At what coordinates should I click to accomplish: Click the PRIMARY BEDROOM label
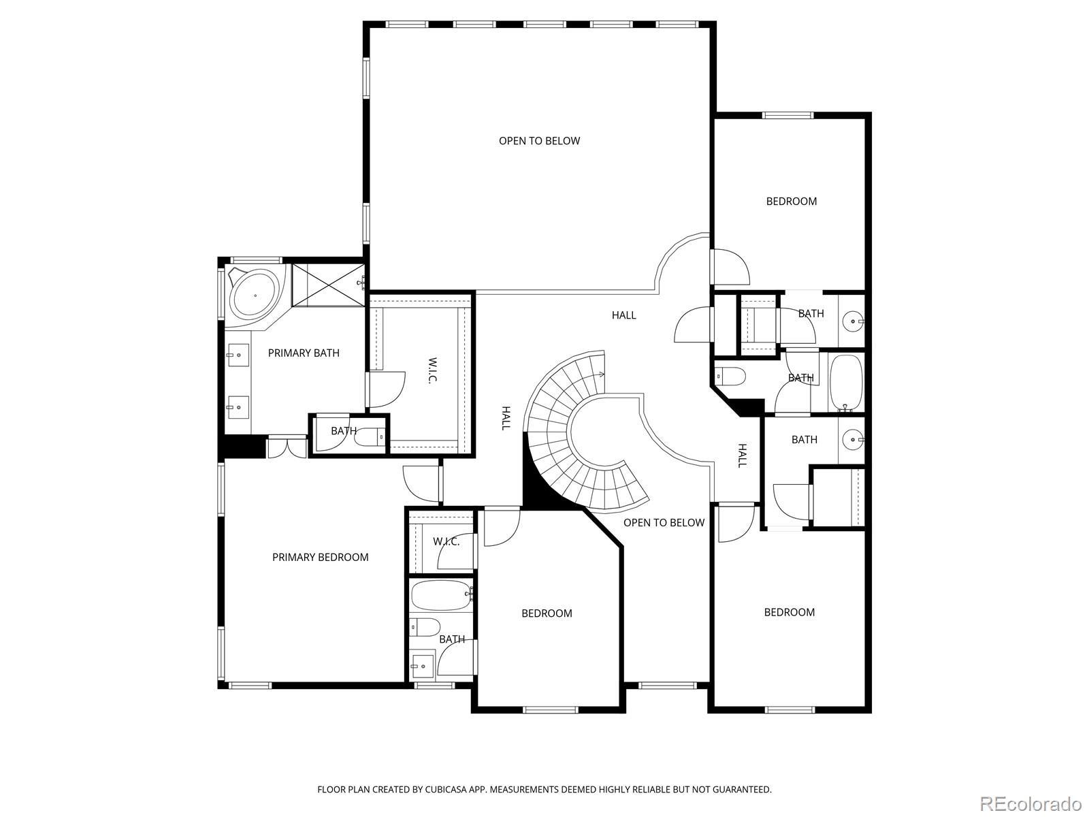[x=320, y=557]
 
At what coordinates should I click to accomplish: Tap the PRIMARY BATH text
[x=304, y=353]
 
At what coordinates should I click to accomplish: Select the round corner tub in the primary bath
[x=255, y=295]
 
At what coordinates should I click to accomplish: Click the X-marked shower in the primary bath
[x=328, y=285]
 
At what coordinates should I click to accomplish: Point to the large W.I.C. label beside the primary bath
[x=433, y=370]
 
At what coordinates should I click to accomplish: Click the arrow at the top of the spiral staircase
[x=601, y=374]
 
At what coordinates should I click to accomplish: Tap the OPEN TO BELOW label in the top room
[x=539, y=141]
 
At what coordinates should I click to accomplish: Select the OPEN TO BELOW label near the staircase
[x=664, y=522]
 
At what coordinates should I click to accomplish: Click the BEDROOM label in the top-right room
[x=792, y=201]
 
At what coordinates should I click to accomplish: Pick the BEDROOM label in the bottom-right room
[x=790, y=612]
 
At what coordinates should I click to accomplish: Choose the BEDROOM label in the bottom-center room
[x=547, y=613]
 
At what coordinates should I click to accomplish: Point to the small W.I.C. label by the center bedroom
[x=446, y=541]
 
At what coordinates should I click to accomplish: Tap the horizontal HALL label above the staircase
[x=623, y=315]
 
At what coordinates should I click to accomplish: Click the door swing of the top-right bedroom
[x=730, y=267]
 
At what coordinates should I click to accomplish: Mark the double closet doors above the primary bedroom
[x=287, y=447]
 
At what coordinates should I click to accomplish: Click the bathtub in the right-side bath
[x=846, y=383]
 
